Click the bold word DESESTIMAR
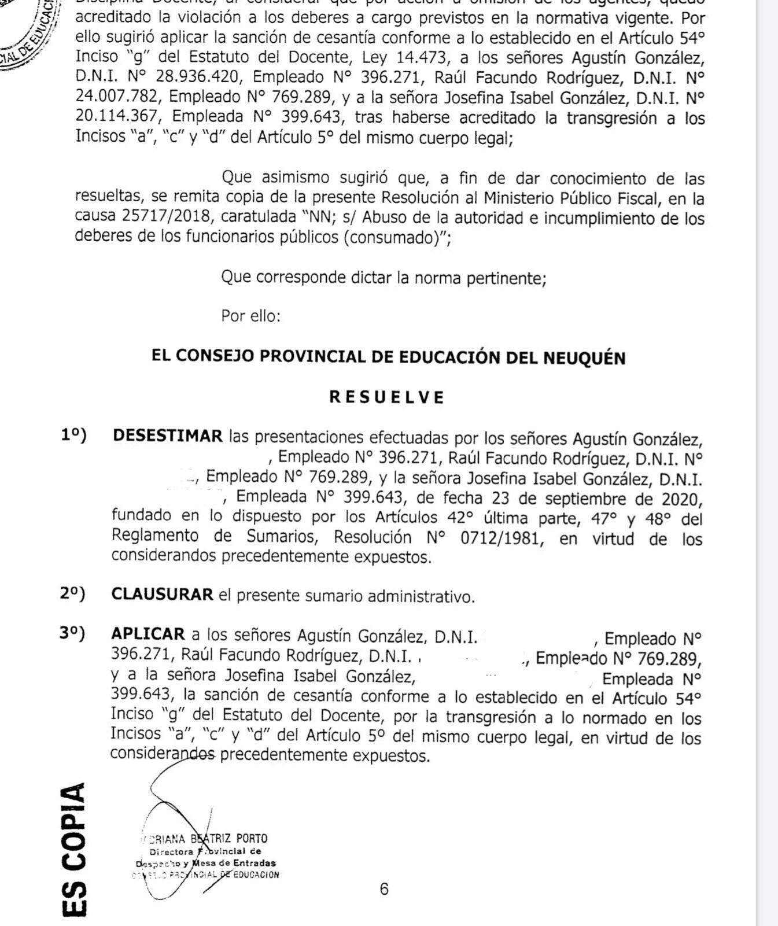[x=168, y=436]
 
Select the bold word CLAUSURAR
[x=163, y=595]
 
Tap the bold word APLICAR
[x=148, y=634]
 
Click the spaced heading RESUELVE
[x=387, y=397]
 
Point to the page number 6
[x=384, y=888]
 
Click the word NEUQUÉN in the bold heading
[x=584, y=358]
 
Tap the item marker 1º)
[x=73, y=435]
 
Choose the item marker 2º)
[x=72, y=594]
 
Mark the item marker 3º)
[x=72, y=634]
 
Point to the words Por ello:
[x=250, y=316]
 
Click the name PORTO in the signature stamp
[x=252, y=839]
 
